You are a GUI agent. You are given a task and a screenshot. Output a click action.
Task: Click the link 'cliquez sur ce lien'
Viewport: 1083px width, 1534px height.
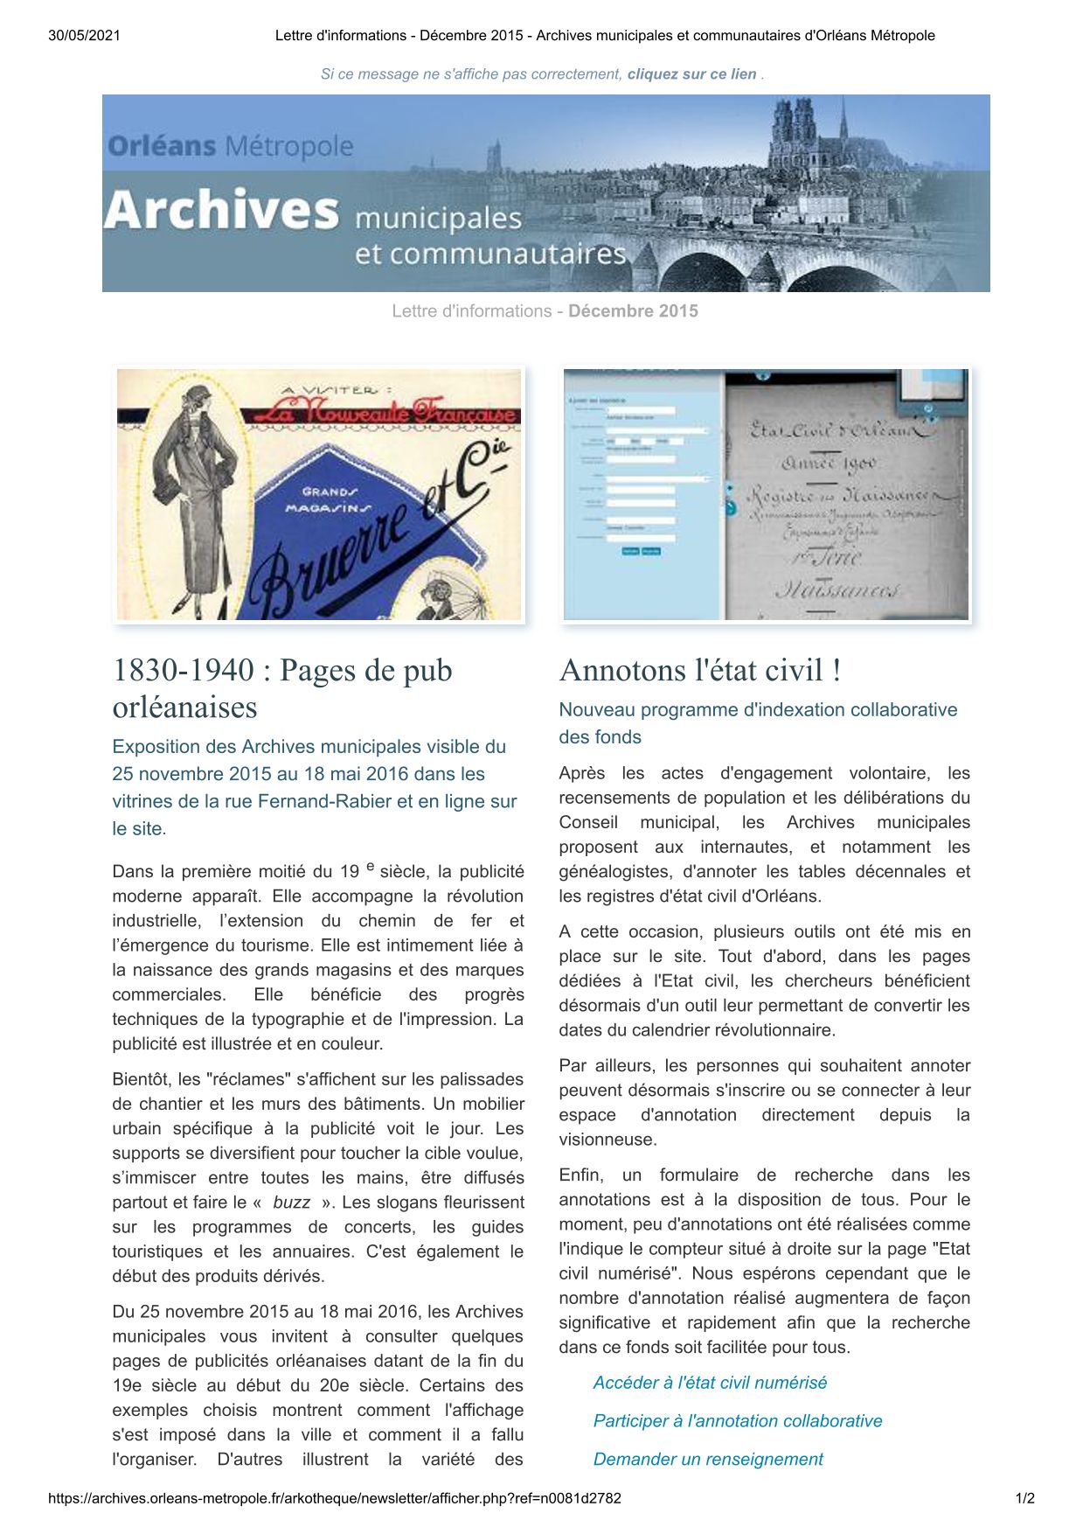tap(691, 74)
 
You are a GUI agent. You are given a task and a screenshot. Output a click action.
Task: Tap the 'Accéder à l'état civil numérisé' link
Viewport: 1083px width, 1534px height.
tap(710, 1383)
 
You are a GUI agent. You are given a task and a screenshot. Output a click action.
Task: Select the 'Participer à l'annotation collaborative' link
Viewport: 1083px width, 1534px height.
tap(738, 1421)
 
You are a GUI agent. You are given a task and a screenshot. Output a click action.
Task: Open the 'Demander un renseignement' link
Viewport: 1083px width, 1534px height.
tap(708, 1459)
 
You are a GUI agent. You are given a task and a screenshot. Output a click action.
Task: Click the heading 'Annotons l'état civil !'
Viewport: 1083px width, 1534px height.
tap(700, 671)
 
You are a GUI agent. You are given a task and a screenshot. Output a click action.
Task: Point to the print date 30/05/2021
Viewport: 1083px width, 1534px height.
tap(84, 36)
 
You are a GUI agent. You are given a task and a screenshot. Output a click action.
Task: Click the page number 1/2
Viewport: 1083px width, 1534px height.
tap(1024, 1498)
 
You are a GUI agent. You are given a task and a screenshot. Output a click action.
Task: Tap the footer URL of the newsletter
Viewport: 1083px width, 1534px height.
tap(335, 1498)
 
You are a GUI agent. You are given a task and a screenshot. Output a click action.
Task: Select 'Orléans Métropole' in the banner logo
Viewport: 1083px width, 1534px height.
tap(231, 146)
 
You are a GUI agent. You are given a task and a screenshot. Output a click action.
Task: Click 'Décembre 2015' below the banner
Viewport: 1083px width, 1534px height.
tap(633, 311)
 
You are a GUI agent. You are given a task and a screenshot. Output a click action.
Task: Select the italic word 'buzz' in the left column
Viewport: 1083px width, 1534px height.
tap(291, 1203)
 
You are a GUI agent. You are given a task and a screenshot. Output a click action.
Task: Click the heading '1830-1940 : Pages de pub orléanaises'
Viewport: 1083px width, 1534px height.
tap(282, 688)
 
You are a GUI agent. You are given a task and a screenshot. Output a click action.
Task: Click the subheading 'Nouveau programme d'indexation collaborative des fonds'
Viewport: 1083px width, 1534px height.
tap(758, 723)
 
